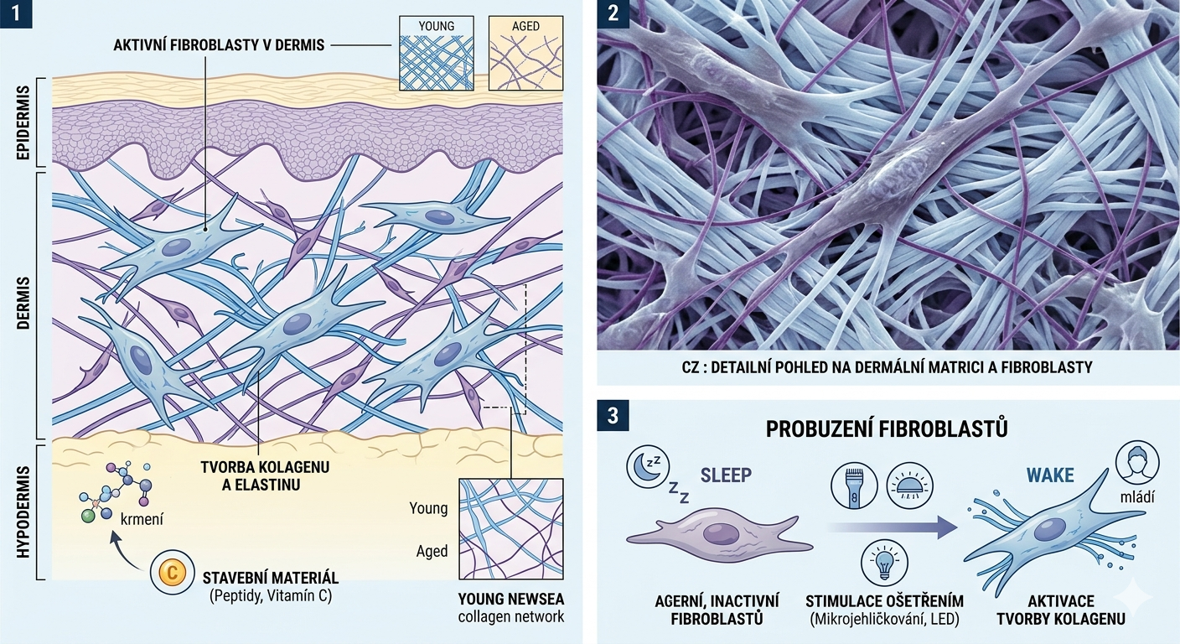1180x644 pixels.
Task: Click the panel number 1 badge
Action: pyautogui.click(x=16, y=14)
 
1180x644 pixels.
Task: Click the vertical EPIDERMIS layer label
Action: pyautogui.click(x=23, y=123)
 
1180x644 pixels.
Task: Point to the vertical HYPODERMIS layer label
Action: pyautogui.click(x=23, y=512)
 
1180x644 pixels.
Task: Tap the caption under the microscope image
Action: pyautogui.click(x=888, y=366)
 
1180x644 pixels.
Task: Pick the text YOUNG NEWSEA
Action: pyautogui.click(x=511, y=599)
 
